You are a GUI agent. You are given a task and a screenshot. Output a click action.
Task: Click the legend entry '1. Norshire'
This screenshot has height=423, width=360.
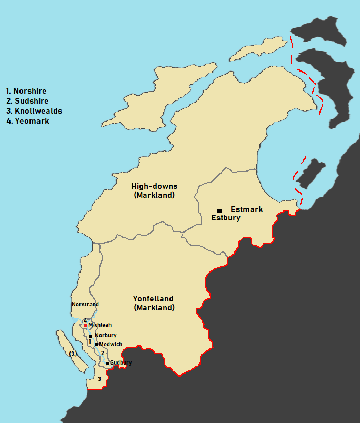(x=26, y=91)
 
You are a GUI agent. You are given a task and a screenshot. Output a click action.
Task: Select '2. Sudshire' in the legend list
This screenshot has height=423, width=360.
(x=27, y=101)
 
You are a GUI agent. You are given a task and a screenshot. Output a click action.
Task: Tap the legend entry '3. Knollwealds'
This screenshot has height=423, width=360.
(x=34, y=111)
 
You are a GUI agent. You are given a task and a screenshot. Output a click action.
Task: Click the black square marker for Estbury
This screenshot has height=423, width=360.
(x=219, y=210)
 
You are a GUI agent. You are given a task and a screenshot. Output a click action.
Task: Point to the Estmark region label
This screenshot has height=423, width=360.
(x=246, y=209)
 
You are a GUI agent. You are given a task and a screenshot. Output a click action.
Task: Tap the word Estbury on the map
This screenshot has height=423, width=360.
(x=225, y=218)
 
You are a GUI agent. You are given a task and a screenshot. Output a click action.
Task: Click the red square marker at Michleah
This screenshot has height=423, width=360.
(x=85, y=326)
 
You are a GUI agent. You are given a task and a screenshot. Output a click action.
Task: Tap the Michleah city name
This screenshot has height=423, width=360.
(x=100, y=325)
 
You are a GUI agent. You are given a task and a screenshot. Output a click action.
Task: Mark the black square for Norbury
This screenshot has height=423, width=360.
(x=91, y=336)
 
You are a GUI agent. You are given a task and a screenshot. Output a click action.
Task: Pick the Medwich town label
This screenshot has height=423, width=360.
(x=111, y=344)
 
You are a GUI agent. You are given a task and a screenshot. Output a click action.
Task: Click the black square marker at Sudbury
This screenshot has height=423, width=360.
(x=107, y=363)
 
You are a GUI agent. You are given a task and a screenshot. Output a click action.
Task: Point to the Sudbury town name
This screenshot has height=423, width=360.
(x=121, y=363)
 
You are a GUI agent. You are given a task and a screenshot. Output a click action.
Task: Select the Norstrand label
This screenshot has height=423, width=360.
(x=85, y=305)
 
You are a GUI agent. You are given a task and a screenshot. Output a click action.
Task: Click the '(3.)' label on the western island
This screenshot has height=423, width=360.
(x=73, y=354)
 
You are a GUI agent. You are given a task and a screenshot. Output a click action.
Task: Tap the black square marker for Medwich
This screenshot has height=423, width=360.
(x=96, y=345)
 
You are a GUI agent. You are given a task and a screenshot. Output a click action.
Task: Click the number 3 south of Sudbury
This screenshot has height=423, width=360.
(x=99, y=378)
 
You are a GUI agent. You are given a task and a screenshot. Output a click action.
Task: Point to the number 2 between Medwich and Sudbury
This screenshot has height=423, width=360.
(x=103, y=353)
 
